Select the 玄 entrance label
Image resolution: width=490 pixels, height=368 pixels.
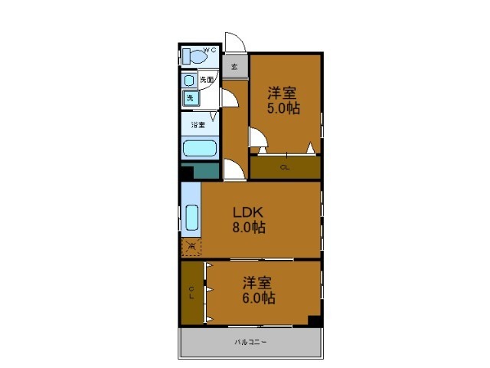(234, 66)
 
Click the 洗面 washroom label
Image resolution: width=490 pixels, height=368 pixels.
(207, 80)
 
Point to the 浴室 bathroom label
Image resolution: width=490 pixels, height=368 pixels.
(198, 124)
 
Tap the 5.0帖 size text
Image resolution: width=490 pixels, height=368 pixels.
(283, 108)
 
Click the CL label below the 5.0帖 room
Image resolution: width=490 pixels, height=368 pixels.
(284, 167)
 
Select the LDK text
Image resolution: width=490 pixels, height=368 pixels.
(249, 212)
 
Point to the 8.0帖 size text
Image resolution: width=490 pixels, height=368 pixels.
(250, 228)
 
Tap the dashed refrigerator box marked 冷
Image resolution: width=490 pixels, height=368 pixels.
(191, 247)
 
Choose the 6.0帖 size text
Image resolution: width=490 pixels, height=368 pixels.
(259, 298)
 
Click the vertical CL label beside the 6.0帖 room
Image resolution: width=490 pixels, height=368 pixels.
(191, 292)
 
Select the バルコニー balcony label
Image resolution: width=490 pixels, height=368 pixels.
(250, 342)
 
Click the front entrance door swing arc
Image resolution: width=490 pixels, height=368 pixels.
(234, 41)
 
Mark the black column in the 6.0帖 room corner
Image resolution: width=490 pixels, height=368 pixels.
(314, 320)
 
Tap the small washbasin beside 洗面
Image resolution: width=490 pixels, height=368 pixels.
(188, 80)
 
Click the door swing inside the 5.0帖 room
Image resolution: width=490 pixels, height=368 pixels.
(258, 138)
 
